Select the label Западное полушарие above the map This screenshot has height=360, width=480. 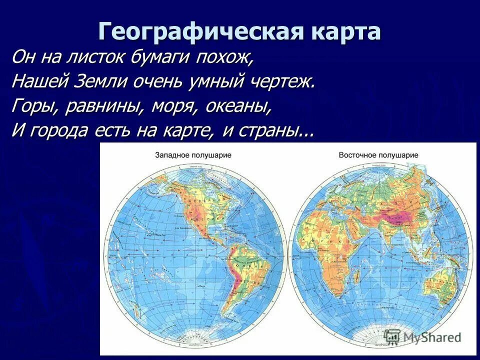click(193, 155)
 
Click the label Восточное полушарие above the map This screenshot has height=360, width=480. click(378, 155)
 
